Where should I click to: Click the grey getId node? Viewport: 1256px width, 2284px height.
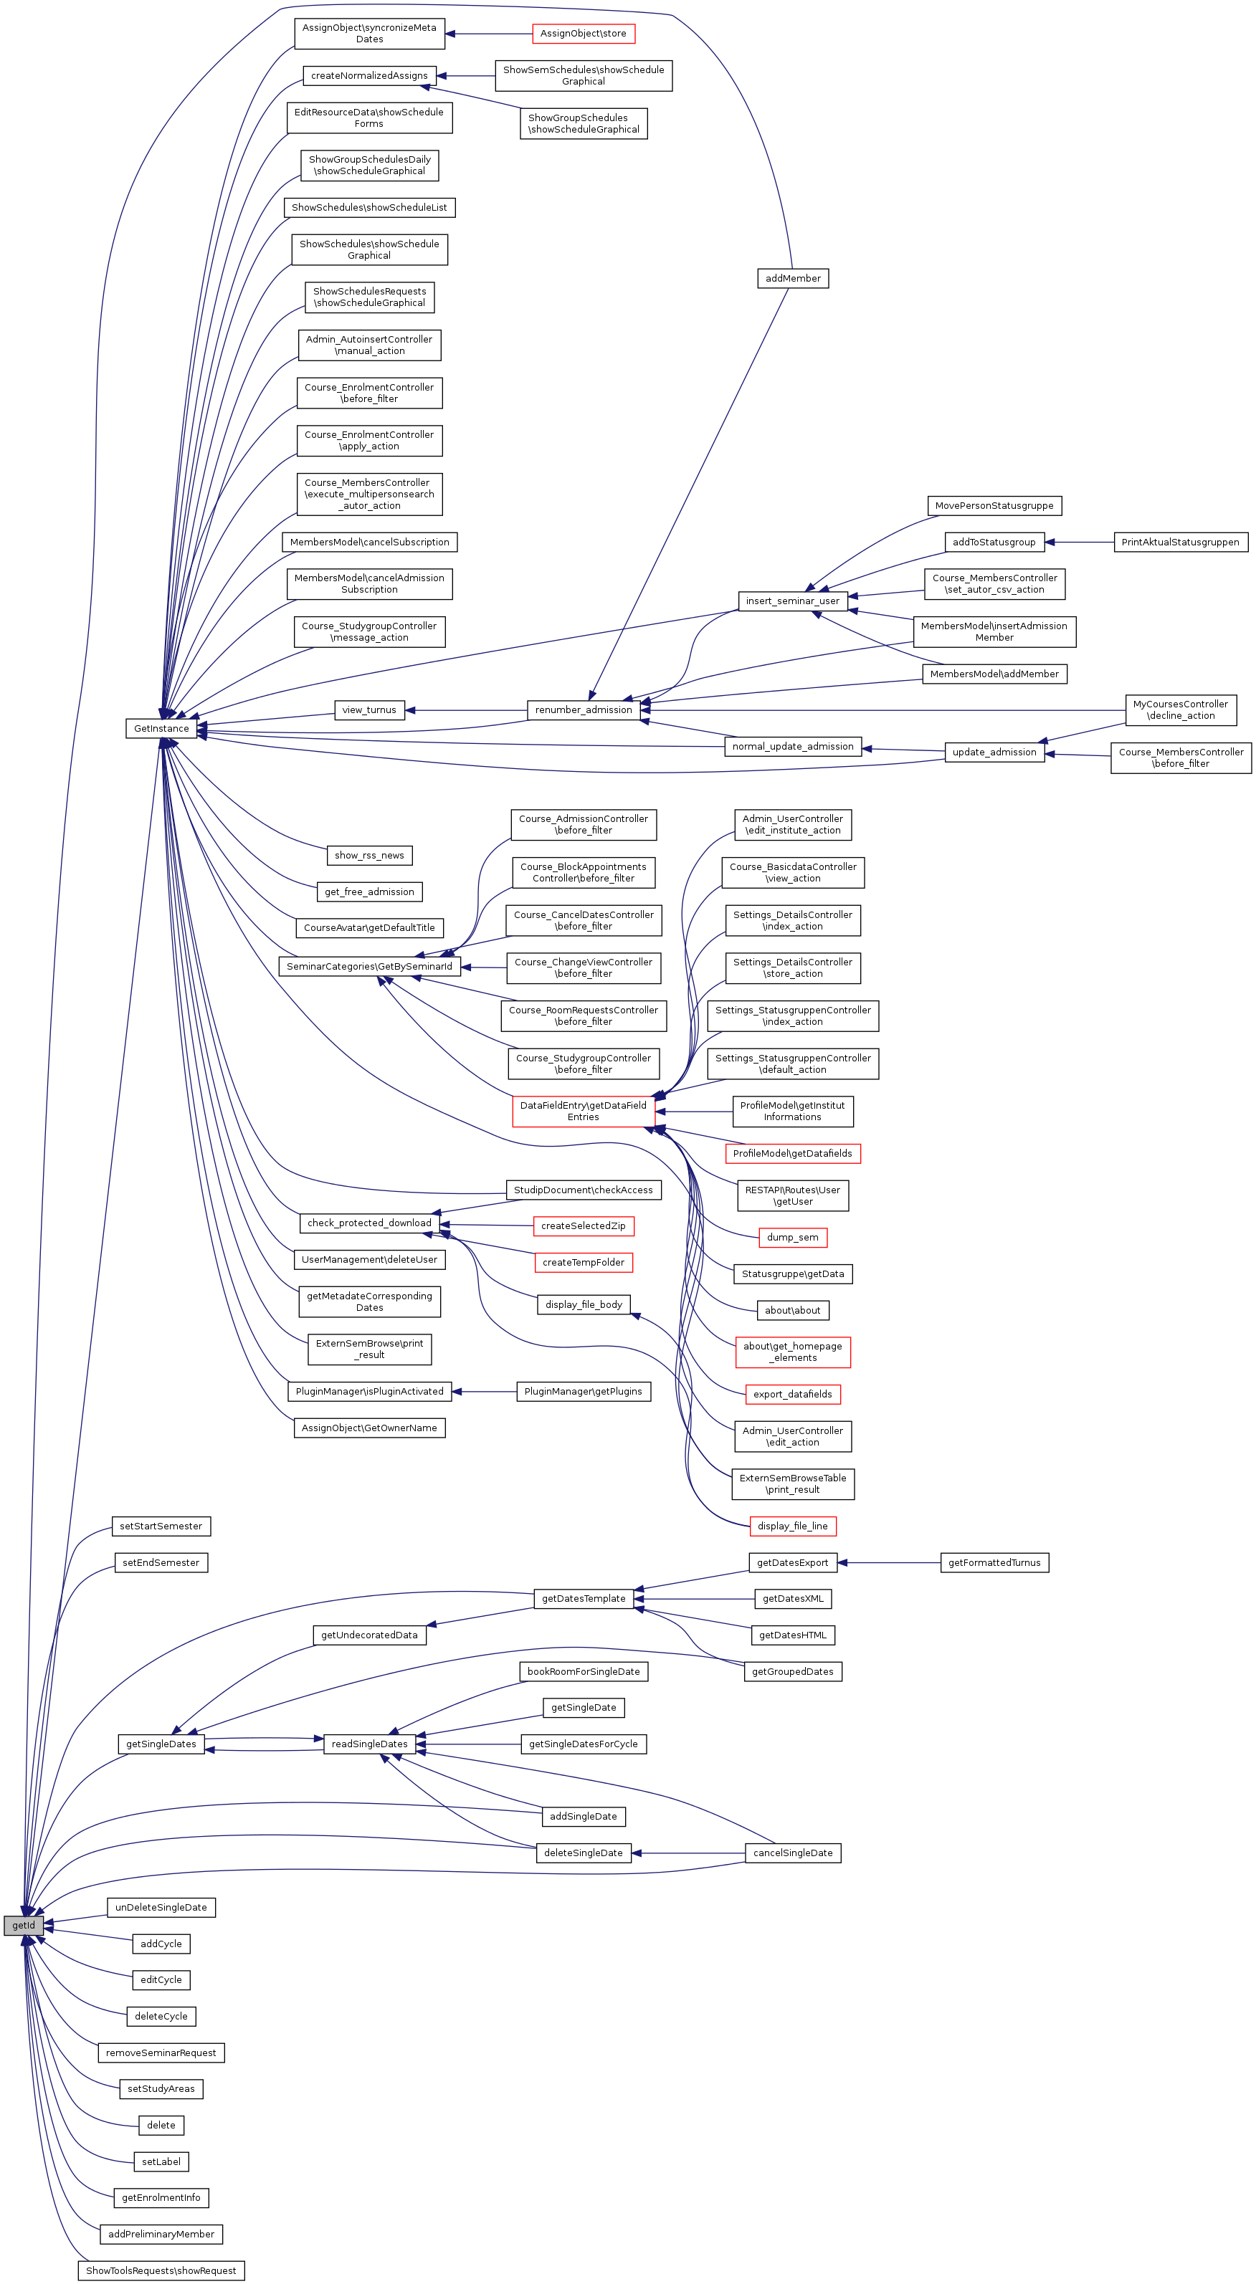pos(23,1925)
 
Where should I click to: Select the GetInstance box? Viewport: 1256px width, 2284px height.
pos(161,728)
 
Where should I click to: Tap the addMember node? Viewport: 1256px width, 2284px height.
pos(793,278)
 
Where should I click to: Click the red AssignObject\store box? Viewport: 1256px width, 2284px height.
pos(583,34)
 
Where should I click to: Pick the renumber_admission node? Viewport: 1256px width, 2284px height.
pos(583,709)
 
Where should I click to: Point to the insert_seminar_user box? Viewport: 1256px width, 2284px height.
pos(792,601)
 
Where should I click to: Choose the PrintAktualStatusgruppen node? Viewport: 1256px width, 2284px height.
pos(1180,542)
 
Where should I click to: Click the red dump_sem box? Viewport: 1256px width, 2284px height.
pos(792,1237)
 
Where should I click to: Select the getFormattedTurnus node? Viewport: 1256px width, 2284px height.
pos(994,1562)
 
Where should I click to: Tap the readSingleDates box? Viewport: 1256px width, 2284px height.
pos(369,1744)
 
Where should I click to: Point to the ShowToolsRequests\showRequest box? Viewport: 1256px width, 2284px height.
pos(161,2270)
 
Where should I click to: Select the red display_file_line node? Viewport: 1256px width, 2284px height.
pos(792,1526)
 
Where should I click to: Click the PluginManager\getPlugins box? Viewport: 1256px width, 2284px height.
pos(583,1391)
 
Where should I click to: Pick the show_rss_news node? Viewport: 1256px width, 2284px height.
pos(369,856)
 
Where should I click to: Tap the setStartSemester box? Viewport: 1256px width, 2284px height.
pos(161,1526)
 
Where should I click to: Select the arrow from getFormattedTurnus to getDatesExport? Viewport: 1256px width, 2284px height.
pos(887,1562)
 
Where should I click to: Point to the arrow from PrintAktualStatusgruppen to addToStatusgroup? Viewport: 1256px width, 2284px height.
pos(1077,542)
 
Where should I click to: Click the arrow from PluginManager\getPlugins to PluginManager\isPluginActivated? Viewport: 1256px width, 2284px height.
pos(483,1391)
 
